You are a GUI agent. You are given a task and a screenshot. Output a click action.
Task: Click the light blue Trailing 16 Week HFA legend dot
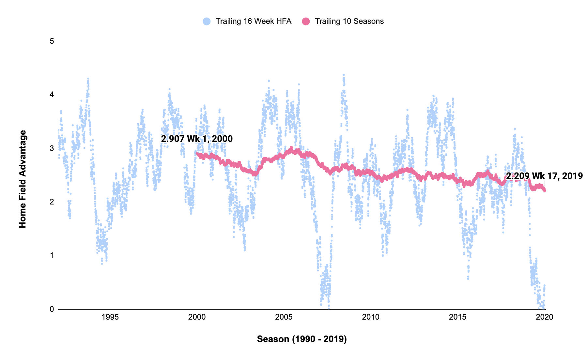[207, 22]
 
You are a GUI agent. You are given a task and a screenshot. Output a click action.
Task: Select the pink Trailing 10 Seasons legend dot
[306, 22]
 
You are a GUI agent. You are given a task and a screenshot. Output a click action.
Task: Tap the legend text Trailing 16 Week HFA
[254, 22]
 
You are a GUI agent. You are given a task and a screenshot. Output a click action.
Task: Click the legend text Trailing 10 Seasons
[349, 22]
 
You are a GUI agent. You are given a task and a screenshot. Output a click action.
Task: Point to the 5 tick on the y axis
[52, 41]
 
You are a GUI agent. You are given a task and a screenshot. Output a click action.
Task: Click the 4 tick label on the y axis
[52, 95]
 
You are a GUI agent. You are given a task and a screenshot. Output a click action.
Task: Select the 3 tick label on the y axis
[52, 148]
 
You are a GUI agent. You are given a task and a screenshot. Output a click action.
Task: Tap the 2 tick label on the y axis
[52, 202]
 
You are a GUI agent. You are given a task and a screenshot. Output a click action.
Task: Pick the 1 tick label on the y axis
[52, 255]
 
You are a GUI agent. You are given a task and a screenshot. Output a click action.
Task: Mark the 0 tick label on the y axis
[52, 309]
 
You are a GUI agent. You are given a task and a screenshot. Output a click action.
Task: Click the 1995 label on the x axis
[110, 317]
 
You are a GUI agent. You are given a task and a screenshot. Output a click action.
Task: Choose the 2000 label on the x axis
[197, 317]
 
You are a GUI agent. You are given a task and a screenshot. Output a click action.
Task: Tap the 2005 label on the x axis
[284, 317]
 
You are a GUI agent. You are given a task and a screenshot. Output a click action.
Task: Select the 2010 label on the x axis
[371, 317]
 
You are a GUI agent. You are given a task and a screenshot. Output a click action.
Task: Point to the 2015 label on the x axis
[457, 317]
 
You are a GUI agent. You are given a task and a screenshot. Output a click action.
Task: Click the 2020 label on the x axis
[544, 317]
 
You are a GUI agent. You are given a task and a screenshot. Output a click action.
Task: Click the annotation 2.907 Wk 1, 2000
[197, 139]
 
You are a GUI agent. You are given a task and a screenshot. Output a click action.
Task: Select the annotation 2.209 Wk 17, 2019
[544, 176]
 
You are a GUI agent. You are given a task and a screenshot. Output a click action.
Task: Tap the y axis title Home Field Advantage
[23, 179]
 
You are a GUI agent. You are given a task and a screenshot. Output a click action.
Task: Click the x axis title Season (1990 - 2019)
[301, 339]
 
